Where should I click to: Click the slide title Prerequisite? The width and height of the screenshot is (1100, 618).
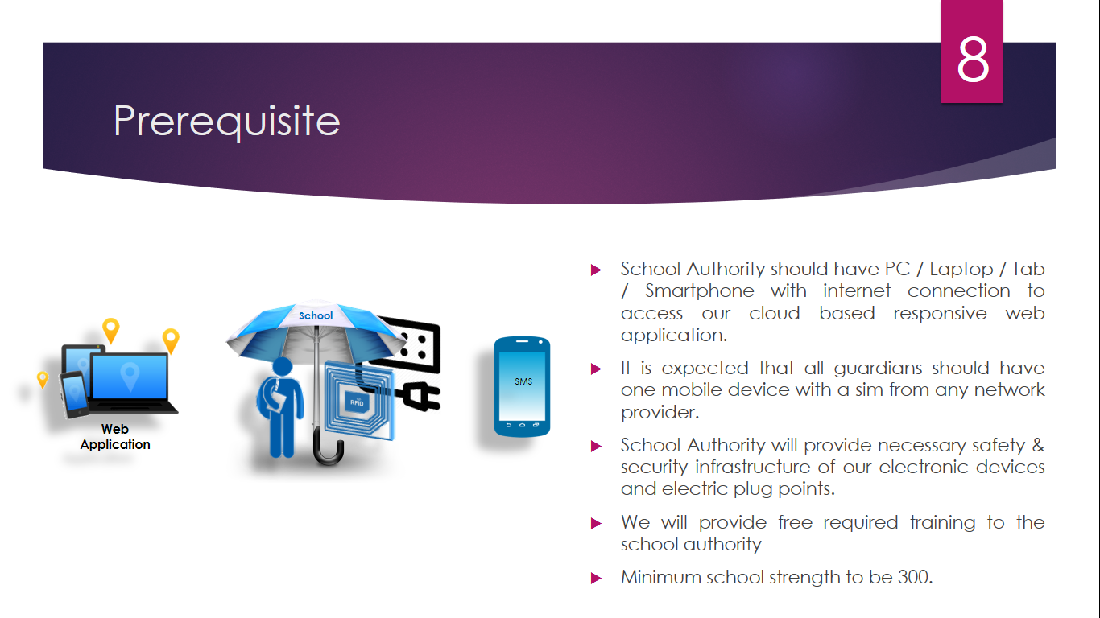pos(227,122)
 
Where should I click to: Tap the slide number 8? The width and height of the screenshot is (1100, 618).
pos(972,60)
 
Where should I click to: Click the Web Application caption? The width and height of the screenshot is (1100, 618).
pos(115,436)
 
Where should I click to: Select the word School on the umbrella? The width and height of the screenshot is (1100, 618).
pos(316,315)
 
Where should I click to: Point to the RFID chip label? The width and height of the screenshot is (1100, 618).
pos(357,402)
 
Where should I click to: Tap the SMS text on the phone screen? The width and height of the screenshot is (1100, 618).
pos(523,381)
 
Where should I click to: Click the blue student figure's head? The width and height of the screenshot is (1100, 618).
pos(283,367)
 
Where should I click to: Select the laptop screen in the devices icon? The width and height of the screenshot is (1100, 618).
pos(130,377)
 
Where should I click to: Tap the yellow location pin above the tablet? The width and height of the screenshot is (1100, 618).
pos(110,331)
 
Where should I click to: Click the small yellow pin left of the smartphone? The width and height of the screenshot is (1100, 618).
pos(43,380)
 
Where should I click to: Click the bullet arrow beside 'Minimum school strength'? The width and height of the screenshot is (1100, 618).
pos(596,578)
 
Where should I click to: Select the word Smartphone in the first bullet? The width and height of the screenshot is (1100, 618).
pos(699,291)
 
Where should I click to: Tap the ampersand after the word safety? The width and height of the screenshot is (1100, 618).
pos(1038,445)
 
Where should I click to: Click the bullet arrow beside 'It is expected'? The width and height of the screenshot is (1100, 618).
pos(596,369)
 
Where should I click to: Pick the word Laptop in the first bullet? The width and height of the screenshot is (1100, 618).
pos(961,270)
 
